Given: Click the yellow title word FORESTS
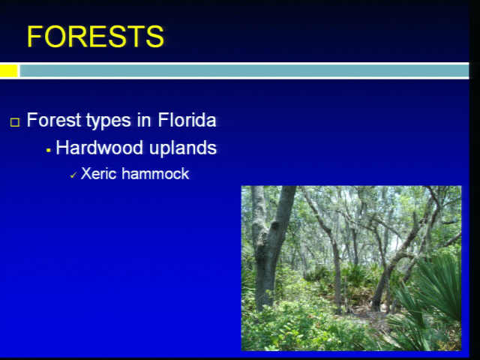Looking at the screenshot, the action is point(95,37).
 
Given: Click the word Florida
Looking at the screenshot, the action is point(187,120).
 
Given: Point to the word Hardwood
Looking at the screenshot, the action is point(100,148).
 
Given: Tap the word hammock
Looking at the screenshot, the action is point(155,173).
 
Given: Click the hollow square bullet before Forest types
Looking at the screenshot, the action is point(15,122).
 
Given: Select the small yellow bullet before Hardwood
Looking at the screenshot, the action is point(48,150).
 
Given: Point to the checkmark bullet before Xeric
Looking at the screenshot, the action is point(73,175).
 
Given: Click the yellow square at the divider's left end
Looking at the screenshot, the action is point(8,70).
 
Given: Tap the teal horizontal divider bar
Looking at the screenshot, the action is point(244,70).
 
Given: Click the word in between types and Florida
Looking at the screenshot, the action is point(145,120).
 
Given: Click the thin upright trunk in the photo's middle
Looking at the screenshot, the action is point(336,269).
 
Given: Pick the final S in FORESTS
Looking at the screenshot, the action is point(155,37).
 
